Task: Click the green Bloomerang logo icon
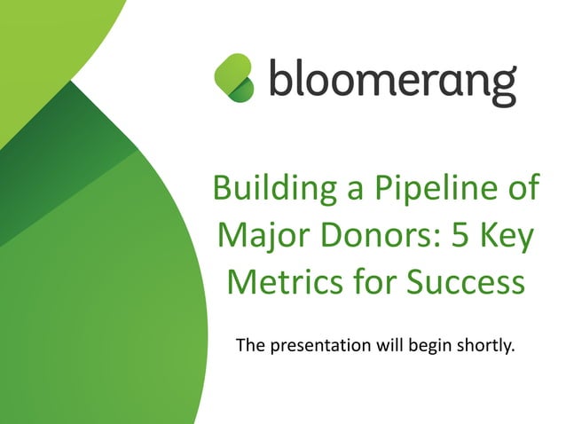pos(234,76)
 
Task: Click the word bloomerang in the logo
pos(391,81)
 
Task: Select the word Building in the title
pos(267,190)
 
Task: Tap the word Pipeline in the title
pos(420,190)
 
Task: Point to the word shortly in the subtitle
pos(486,345)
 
